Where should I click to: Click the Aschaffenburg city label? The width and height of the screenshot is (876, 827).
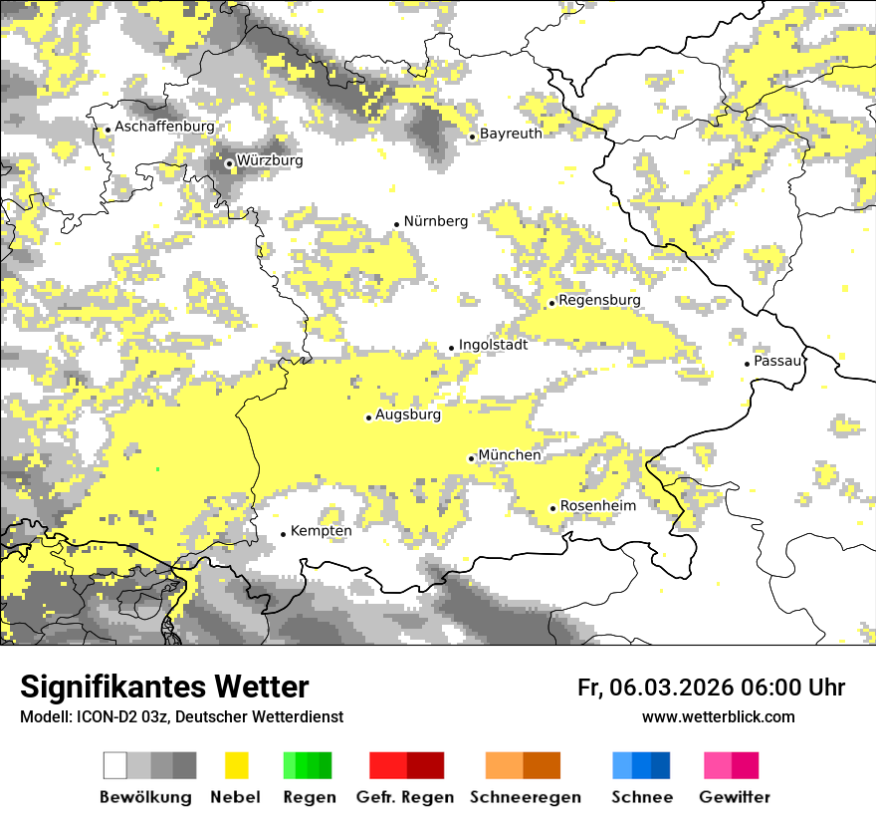coord(164,128)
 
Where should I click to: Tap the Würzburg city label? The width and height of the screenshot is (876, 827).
coord(270,160)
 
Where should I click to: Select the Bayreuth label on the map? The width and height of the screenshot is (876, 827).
coord(511,134)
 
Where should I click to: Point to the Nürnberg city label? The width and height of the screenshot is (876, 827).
coord(435,221)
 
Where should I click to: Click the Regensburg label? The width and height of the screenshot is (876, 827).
coord(599,300)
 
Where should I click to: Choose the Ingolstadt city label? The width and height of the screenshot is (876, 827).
coord(493,345)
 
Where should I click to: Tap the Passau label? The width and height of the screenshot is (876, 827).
coord(777,361)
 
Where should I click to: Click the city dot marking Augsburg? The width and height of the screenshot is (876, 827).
coord(368,417)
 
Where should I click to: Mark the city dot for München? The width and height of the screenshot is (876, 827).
coord(472,458)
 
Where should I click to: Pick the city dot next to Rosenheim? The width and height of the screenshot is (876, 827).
coord(553,508)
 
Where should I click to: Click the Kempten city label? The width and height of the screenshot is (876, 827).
coord(321,531)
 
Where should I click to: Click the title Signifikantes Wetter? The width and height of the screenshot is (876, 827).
coord(164,688)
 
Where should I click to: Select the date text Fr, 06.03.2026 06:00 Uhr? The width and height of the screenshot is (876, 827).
coord(711,688)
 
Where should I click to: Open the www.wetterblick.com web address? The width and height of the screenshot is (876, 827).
coord(718,717)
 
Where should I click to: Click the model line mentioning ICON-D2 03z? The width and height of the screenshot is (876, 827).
coord(181,717)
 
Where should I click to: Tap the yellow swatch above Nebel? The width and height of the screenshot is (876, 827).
coord(236,765)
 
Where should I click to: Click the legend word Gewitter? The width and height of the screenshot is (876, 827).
coord(734,797)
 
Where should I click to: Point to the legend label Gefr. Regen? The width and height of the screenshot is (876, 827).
coord(404,797)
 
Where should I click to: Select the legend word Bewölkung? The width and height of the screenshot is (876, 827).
coord(145,797)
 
